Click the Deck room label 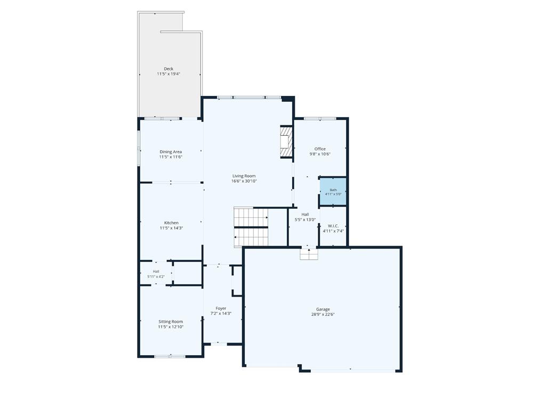coord(168,69)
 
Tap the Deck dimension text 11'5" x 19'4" coord(168,74)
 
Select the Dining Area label coord(171,152)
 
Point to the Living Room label coord(244,176)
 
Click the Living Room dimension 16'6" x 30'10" coord(244,181)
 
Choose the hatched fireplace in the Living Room coord(286,142)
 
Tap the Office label coord(320,149)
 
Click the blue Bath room coord(333,192)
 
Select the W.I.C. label coord(333,226)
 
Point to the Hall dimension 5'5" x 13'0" coord(306,220)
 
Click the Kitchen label coord(171,223)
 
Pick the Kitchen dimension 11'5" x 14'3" coord(171,228)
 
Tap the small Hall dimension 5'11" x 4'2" coord(156,277)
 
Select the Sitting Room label coord(171,322)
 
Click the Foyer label coord(221,308)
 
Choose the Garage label coord(323,309)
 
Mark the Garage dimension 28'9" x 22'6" coord(323,314)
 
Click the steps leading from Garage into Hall coord(309,254)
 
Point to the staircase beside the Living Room coord(251,227)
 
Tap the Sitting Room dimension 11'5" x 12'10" coord(171,327)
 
